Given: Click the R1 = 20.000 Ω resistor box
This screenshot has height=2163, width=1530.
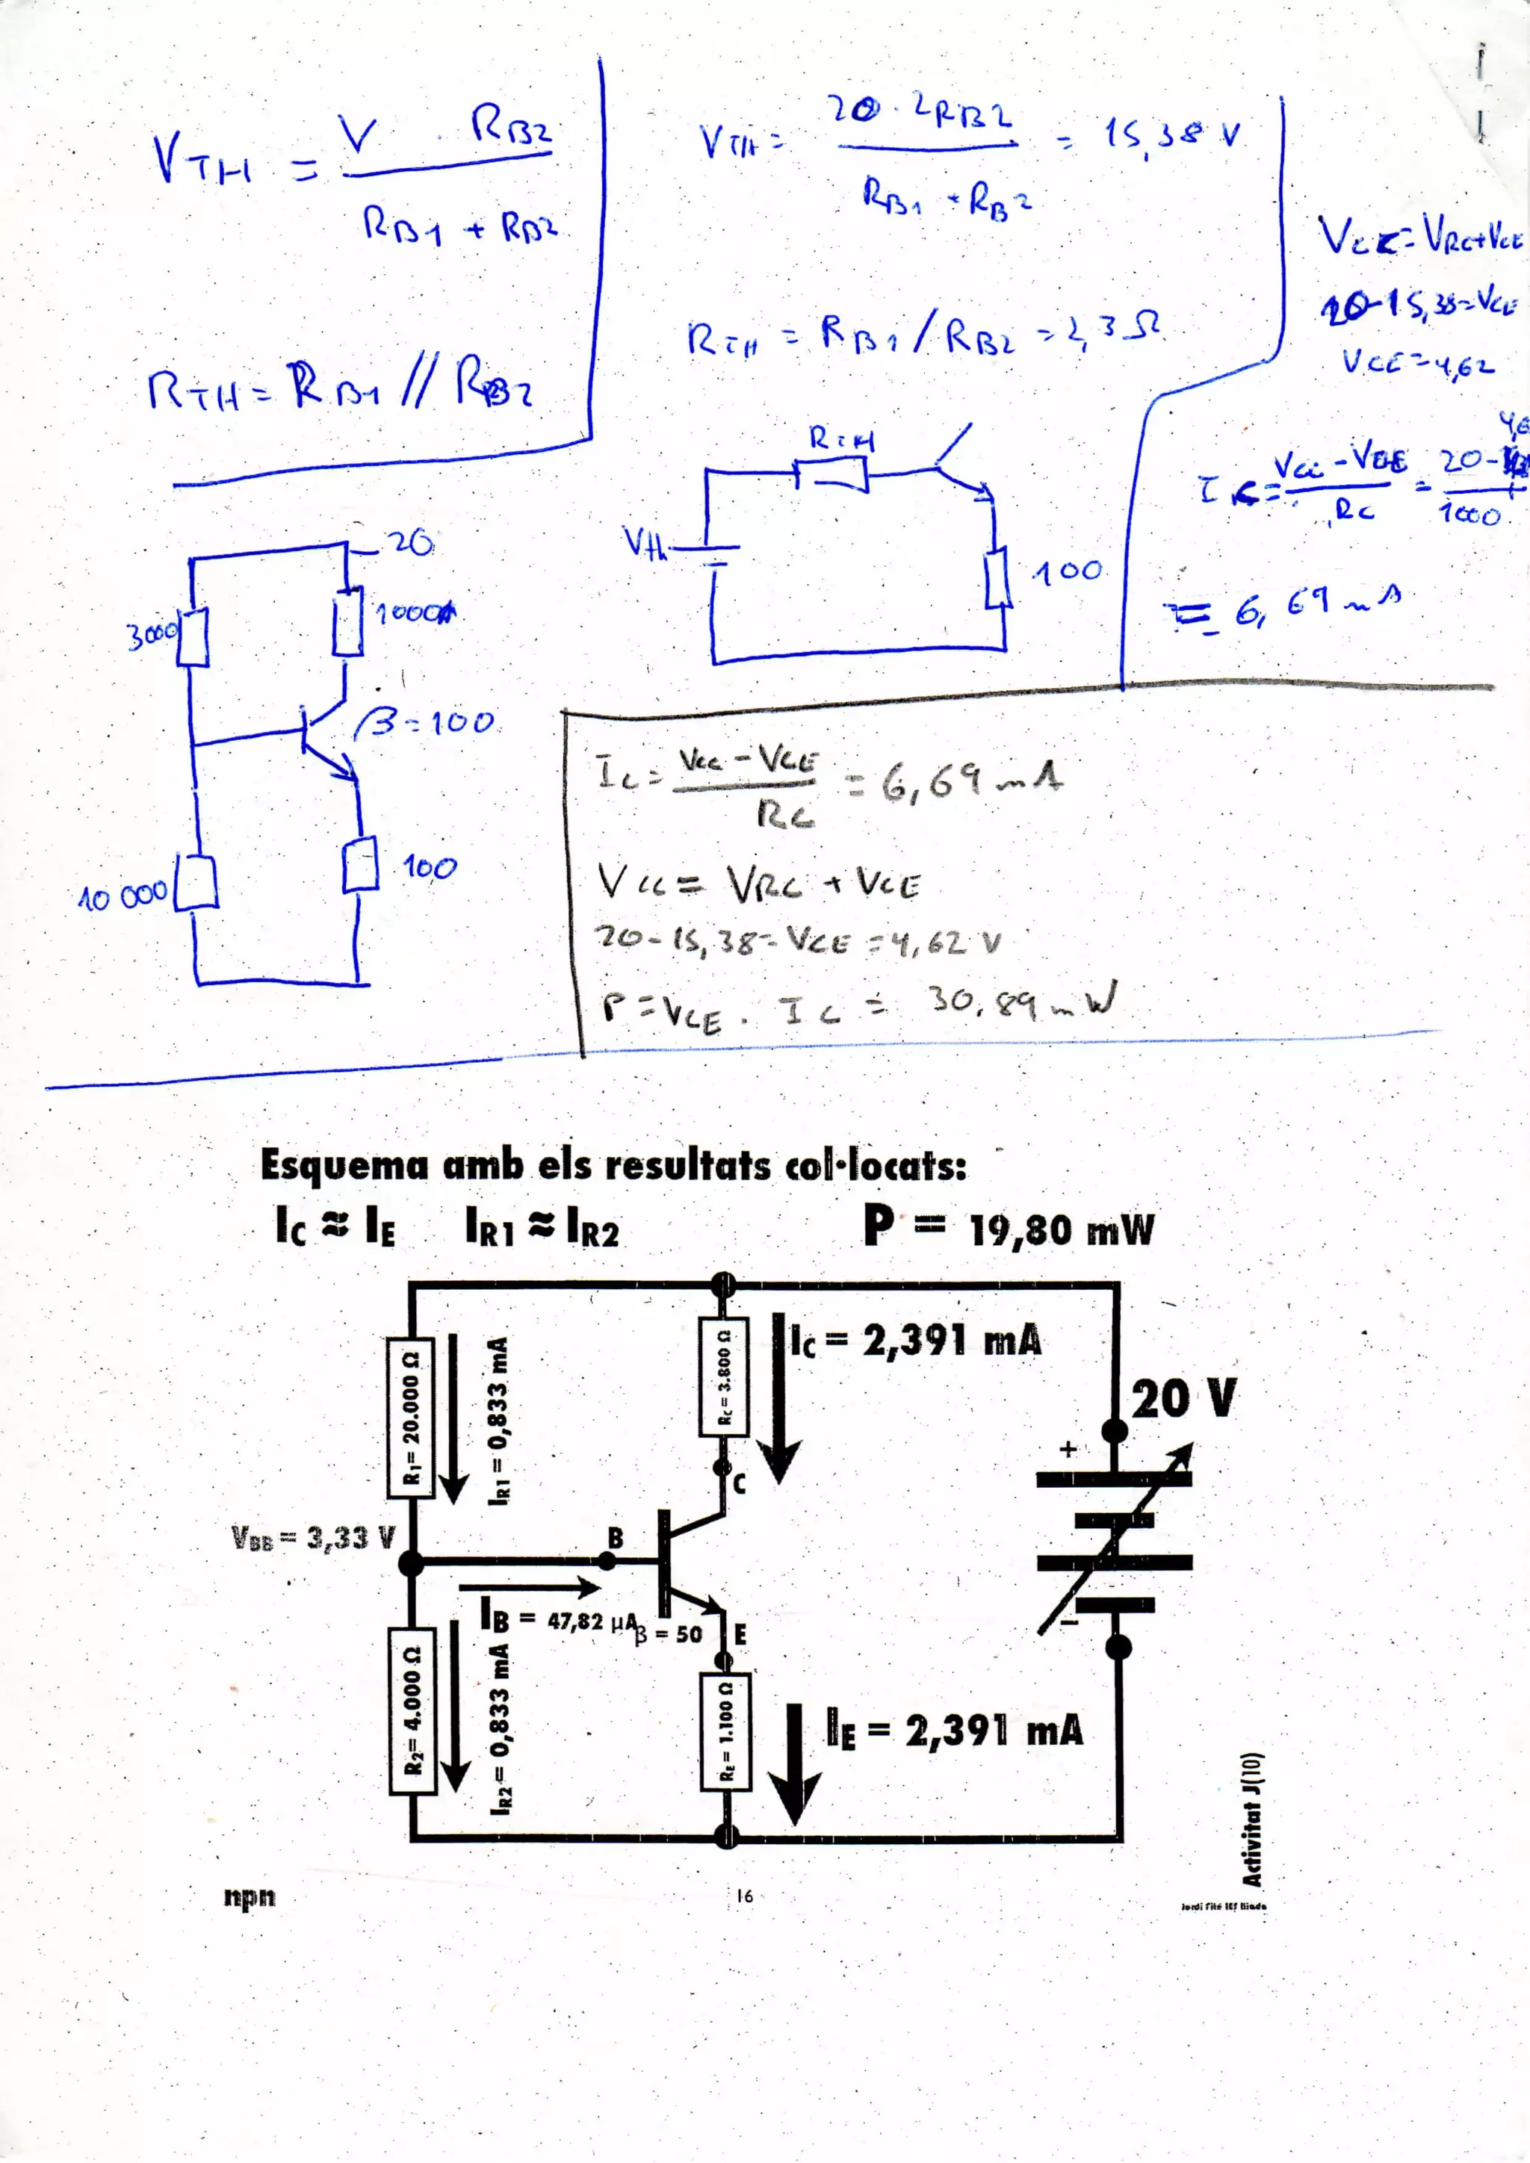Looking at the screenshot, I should [x=411, y=1417].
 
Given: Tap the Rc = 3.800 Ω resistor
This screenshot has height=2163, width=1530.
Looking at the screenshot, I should [x=724, y=1377].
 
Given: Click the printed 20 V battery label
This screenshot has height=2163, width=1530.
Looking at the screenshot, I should [x=1183, y=1399].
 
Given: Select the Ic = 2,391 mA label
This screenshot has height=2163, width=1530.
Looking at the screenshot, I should [x=915, y=1341].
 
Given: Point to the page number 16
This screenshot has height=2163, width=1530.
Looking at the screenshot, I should [x=744, y=1896].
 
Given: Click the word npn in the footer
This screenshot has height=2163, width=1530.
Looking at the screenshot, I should [x=250, y=1896].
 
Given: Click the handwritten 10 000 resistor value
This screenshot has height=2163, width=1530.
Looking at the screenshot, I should [x=123, y=896].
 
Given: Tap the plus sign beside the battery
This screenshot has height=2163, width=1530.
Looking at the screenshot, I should [x=1068, y=1450].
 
